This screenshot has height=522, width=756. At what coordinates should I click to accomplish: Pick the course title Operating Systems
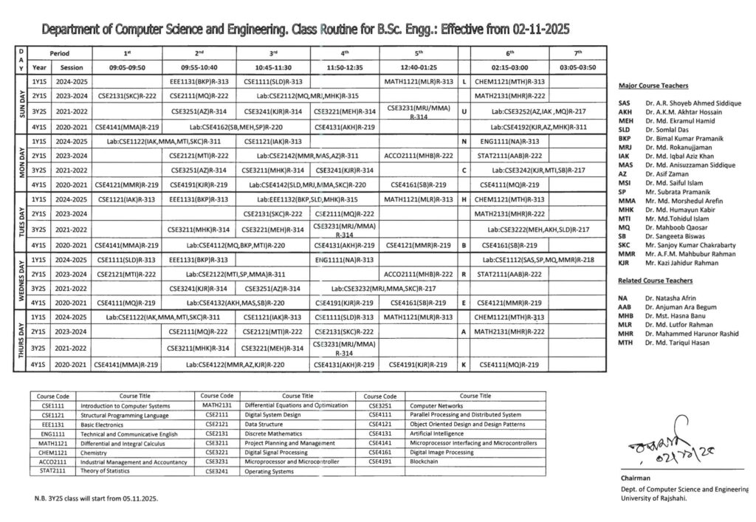click(269, 471)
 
